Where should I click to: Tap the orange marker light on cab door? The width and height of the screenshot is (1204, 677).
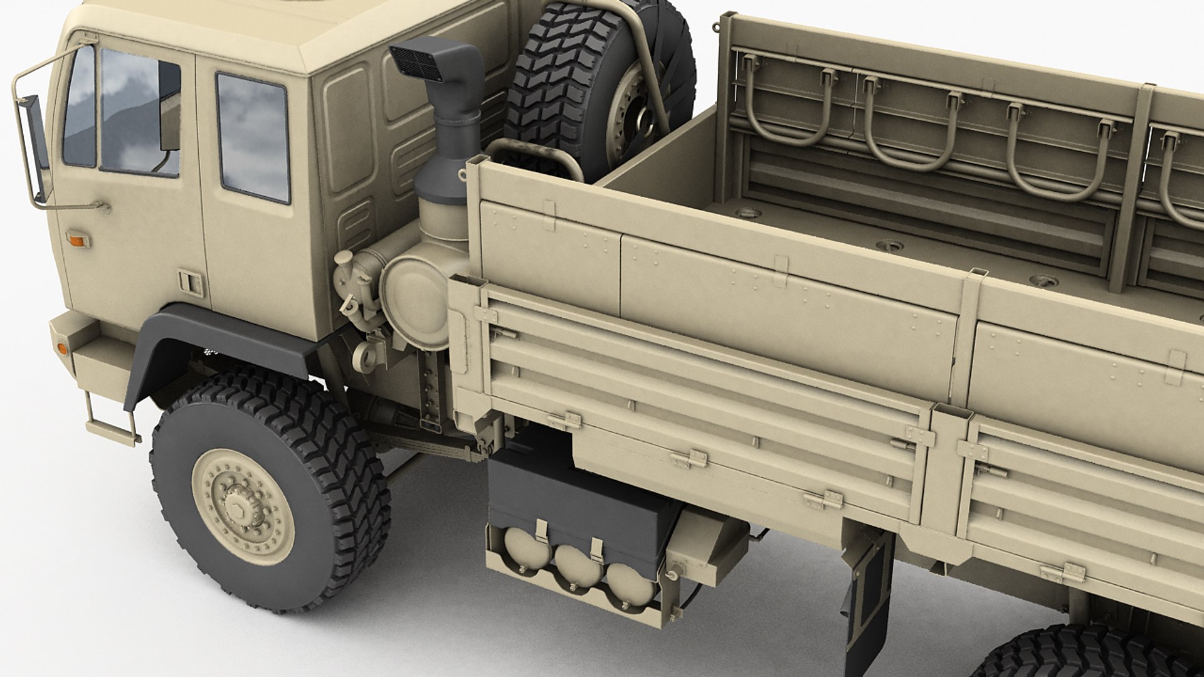click(78, 240)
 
